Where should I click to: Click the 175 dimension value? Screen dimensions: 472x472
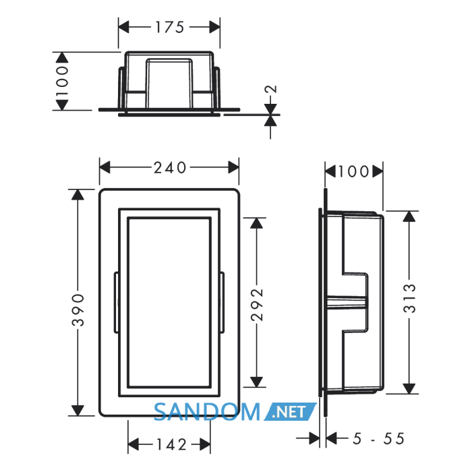(169, 27)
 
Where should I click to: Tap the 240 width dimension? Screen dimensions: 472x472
(170, 168)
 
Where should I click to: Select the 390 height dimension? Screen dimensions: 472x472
(78, 310)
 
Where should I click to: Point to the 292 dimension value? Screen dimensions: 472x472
(257, 305)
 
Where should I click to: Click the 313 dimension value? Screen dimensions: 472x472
(409, 298)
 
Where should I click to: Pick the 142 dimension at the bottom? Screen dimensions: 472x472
(171, 444)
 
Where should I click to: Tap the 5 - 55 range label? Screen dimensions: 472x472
(379, 438)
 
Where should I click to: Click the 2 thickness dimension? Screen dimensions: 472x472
(271, 89)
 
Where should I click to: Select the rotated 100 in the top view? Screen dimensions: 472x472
(62, 81)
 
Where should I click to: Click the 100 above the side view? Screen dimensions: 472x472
(354, 171)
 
